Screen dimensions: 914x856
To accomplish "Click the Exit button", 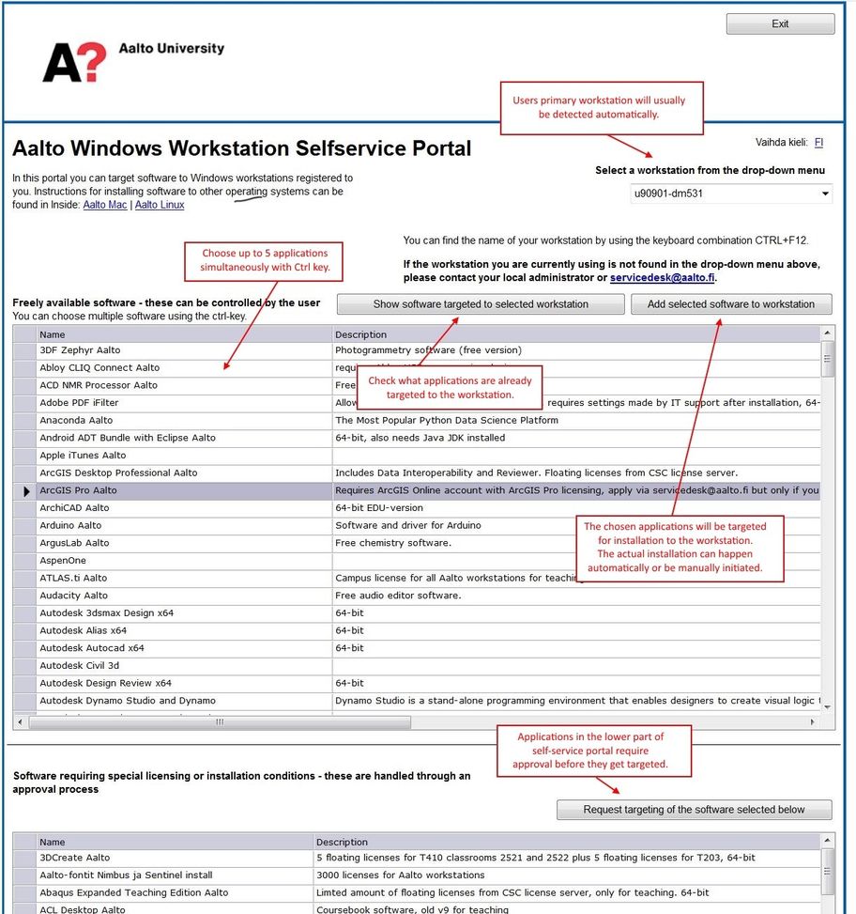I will [780, 24].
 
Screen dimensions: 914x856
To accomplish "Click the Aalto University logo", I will [131, 61].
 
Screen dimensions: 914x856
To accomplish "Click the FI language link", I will [818, 143].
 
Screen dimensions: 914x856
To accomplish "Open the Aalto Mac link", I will [105, 205].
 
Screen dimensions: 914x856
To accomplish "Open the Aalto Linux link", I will [160, 205].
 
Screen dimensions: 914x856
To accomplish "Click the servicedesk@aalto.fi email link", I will [662, 278].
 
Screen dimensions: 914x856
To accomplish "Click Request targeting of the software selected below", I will [694, 810].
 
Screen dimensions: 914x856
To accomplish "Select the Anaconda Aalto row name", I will [76, 421].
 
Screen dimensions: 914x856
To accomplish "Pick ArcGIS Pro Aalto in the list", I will [78, 490].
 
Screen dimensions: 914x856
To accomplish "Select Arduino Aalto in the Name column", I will [70, 525].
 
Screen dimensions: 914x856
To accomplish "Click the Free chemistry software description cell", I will [393, 543].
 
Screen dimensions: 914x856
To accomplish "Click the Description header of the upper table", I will [361, 334].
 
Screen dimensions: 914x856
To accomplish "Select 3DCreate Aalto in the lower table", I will [75, 858].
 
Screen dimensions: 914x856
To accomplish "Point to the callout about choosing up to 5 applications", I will [264, 260].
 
